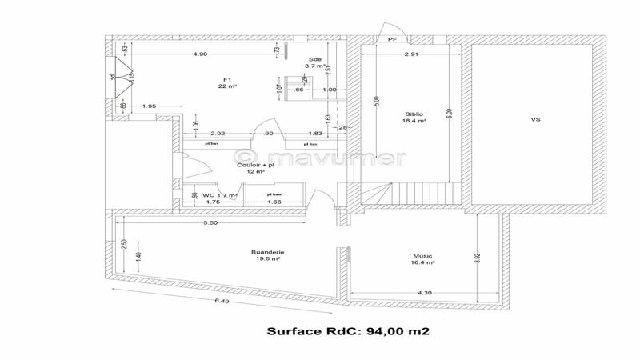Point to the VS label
coord(535,119)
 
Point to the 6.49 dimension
coord(222,301)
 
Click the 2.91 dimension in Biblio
coord(411,54)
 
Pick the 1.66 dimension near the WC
coord(274,202)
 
